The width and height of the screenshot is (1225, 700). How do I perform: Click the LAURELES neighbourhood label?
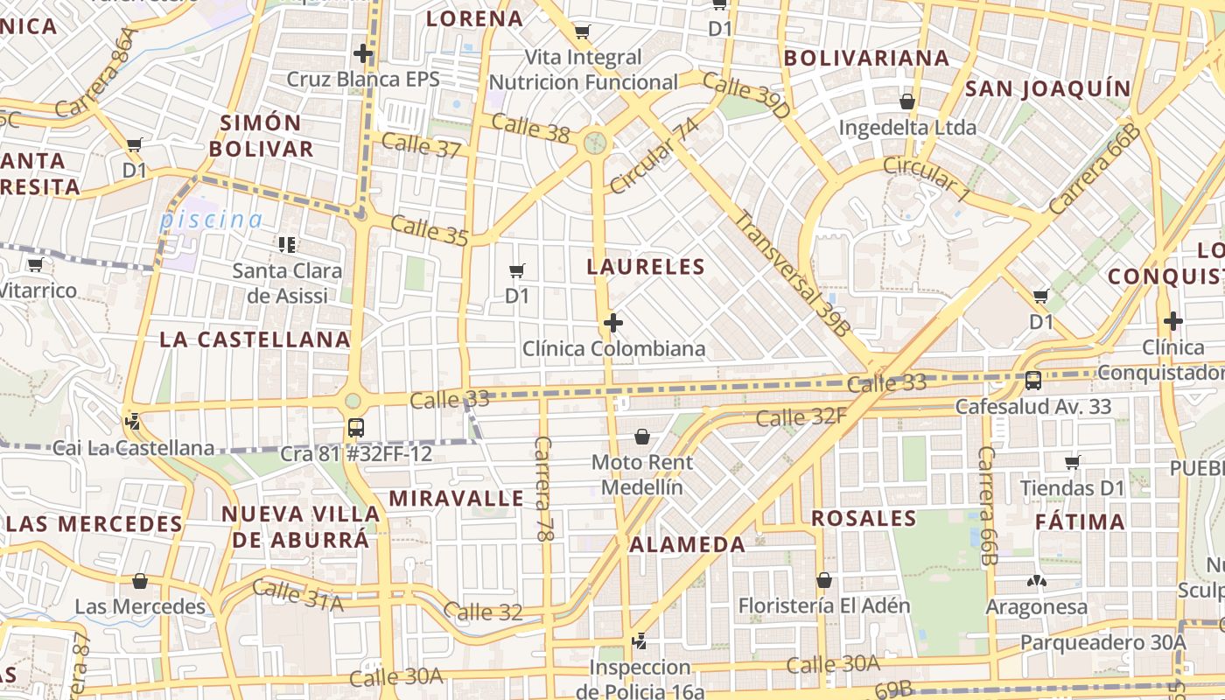click(646, 267)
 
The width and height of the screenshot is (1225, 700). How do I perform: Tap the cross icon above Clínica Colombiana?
click(613, 324)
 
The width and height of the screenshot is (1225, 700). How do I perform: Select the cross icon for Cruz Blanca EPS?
click(363, 54)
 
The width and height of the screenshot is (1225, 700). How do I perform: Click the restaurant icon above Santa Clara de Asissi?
click(287, 244)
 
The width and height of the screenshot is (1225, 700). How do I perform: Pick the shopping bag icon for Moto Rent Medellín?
click(642, 436)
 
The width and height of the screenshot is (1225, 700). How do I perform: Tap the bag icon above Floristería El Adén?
click(823, 579)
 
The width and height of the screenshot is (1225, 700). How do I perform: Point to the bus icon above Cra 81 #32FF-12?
click(355, 428)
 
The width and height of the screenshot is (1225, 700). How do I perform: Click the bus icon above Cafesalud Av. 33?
click(1032, 381)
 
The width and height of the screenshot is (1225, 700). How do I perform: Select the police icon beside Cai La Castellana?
click(133, 422)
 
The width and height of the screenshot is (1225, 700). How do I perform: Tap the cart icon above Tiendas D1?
click(1072, 461)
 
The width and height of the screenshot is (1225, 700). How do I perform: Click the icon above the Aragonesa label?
click(1037, 580)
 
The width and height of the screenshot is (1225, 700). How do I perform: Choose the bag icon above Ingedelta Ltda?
click(906, 101)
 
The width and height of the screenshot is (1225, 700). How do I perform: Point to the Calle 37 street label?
click(421, 145)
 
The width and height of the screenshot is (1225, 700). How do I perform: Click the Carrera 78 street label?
click(543, 488)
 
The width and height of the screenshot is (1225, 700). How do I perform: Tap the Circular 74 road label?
click(654, 157)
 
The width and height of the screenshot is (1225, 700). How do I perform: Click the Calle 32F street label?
click(801, 417)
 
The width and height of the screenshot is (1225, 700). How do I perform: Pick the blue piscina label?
click(211, 220)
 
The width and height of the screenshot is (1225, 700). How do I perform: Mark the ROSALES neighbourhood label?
click(864, 518)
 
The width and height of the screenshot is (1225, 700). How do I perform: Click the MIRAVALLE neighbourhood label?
click(456, 499)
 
